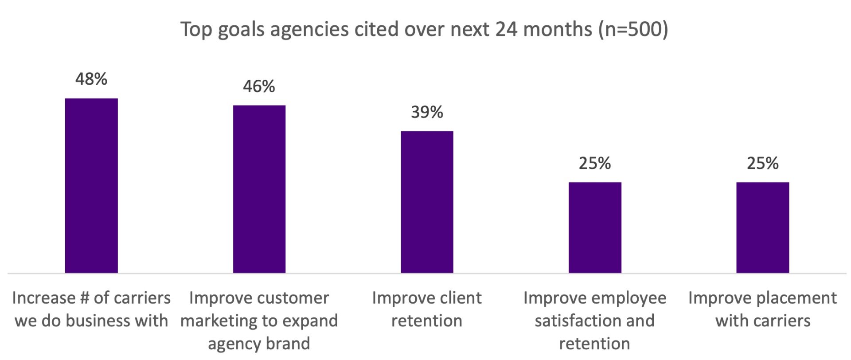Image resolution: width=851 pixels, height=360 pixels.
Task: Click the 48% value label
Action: [x=91, y=79]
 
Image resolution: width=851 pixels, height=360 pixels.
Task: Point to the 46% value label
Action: [x=259, y=86]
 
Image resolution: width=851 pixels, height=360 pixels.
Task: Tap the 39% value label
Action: [x=427, y=112]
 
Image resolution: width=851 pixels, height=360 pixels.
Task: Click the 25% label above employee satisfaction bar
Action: [x=595, y=164]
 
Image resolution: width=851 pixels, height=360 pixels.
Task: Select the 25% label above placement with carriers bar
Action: [x=762, y=164]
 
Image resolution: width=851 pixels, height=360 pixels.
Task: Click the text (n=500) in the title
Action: [x=632, y=30]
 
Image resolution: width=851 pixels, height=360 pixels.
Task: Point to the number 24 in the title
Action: [x=506, y=30]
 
